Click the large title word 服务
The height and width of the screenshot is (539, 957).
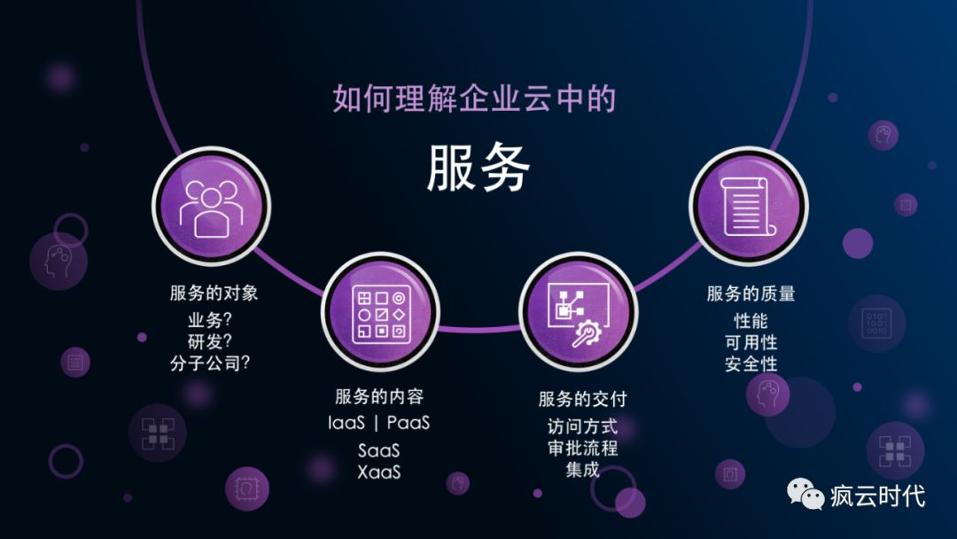[x=478, y=168]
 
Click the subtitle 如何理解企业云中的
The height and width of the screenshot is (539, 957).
[x=474, y=98]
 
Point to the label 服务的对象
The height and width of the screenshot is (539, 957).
[x=214, y=293]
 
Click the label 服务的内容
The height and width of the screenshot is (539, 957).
[x=379, y=396]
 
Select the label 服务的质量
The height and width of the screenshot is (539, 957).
[x=751, y=294]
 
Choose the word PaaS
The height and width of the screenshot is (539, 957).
[x=408, y=423]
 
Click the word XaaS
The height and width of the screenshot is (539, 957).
[x=379, y=472]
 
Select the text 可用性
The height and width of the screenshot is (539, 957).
[x=751, y=342]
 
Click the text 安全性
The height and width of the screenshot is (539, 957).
[x=751, y=364]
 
